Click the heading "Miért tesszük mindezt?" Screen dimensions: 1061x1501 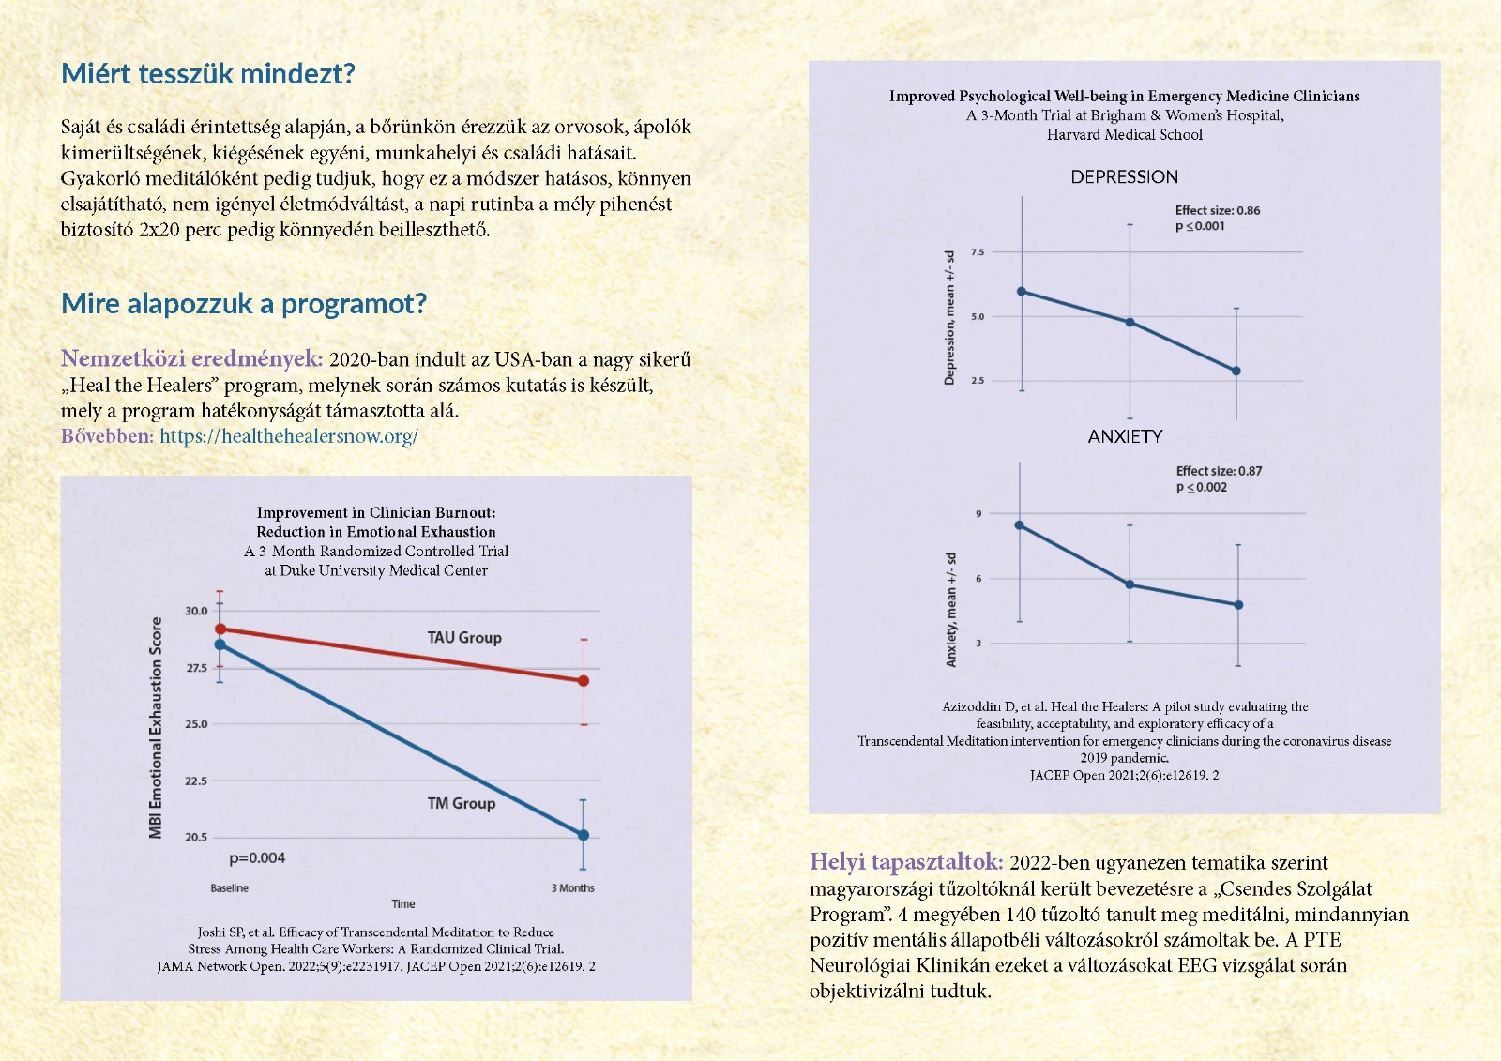[208, 74]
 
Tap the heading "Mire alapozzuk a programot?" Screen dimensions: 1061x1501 [244, 304]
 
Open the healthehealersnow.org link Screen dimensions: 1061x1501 [289, 436]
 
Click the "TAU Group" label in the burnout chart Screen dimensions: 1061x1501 [464, 638]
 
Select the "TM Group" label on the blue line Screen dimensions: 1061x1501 [462, 804]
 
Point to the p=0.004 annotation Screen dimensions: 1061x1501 [257, 858]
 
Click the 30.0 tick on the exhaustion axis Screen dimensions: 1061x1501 [196, 611]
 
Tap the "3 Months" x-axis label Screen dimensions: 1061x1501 [572, 888]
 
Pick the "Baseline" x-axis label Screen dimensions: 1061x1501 [230, 888]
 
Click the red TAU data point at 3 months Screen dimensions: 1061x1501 [584, 681]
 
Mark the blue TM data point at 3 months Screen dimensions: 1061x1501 [584, 835]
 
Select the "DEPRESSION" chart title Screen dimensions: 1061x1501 [1124, 177]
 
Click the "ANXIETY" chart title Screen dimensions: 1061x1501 [1125, 437]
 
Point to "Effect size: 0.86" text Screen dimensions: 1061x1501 [1218, 211]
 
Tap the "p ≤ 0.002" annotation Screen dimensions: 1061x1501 [1202, 488]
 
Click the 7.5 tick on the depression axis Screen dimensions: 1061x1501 [978, 252]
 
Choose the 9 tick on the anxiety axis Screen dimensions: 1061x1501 [978, 514]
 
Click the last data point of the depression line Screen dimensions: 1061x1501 [1236, 371]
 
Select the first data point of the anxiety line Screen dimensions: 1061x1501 [1020, 525]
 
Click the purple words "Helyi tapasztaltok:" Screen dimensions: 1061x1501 [906, 863]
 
